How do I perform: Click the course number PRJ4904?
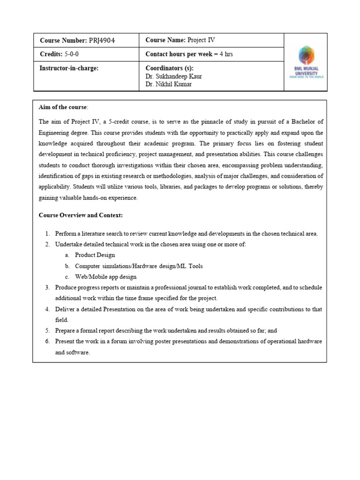102,41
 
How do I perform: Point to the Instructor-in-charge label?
69,68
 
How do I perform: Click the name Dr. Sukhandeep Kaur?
174,76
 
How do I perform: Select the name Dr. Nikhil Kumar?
169,84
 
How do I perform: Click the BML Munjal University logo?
306,62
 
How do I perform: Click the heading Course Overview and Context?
81,215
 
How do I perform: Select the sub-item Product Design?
95,255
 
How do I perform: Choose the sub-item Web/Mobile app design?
105,277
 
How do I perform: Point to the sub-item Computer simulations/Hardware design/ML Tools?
139,266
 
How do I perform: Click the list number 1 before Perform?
47,233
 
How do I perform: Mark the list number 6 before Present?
47,341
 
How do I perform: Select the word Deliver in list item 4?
66,309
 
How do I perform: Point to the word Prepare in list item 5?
66,330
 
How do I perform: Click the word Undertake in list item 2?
69,244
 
